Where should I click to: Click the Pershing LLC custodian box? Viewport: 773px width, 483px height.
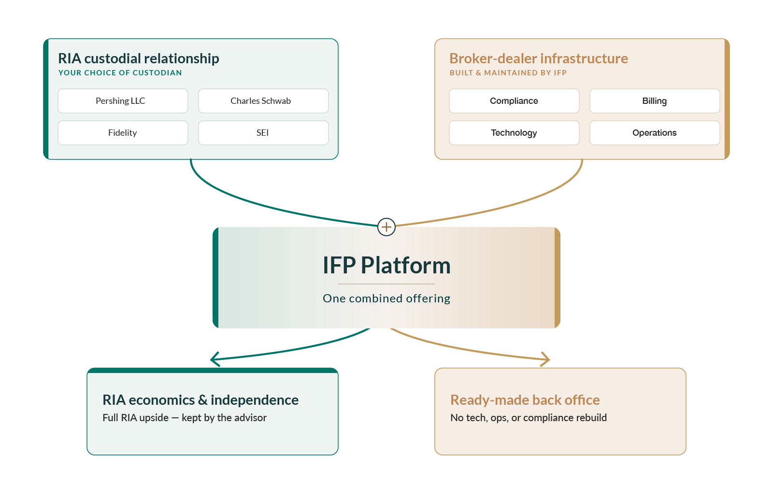(x=123, y=101)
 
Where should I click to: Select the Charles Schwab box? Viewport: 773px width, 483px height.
(x=263, y=101)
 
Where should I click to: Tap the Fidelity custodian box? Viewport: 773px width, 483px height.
(x=123, y=133)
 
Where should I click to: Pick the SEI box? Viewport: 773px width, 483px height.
(x=263, y=133)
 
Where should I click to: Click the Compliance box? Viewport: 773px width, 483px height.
(x=514, y=101)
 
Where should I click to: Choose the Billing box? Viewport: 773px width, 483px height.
(x=655, y=101)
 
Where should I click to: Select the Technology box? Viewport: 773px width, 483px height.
(x=514, y=133)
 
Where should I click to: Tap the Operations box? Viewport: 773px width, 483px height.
(x=655, y=133)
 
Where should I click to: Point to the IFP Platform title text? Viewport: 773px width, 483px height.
(x=386, y=265)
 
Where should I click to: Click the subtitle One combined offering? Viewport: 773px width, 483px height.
(x=386, y=298)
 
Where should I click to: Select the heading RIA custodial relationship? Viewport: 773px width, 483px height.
(x=138, y=58)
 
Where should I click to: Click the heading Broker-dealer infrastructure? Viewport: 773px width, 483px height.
(x=539, y=58)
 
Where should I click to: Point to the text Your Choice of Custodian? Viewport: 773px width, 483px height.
(x=120, y=73)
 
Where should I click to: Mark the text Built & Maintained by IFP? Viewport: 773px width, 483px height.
(x=508, y=73)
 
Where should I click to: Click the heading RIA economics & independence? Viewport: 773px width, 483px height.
(x=200, y=400)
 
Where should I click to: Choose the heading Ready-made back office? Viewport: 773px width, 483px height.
(x=525, y=400)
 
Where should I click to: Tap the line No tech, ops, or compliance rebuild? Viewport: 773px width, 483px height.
(x=529, y=418)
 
